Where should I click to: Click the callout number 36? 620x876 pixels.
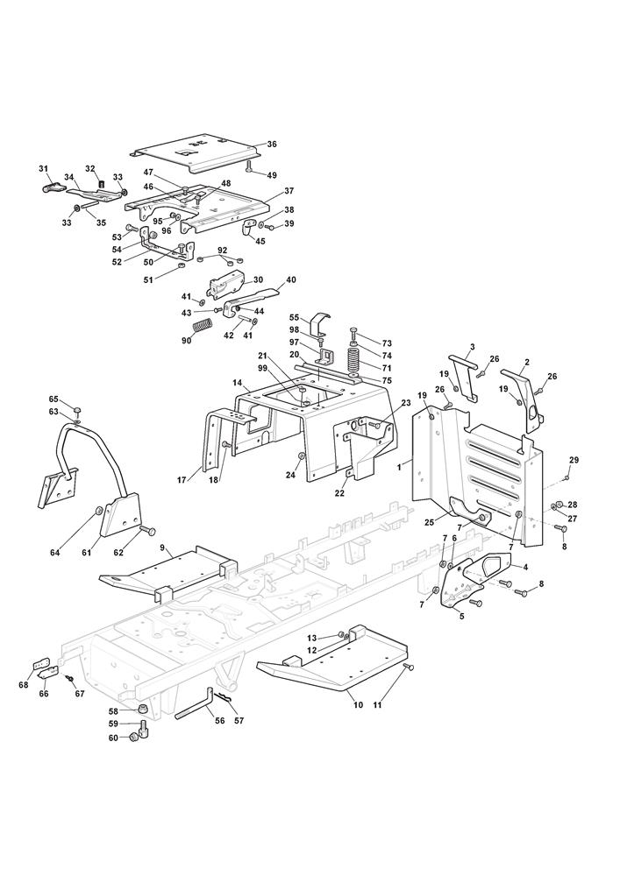click(x=272, y=145)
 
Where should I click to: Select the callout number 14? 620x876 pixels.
click(x=237, y=383)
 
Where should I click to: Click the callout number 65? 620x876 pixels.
click(x=53, y=399)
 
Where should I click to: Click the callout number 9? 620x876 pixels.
click(x=163, y=548)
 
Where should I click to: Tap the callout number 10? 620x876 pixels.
click(x=359, y=704)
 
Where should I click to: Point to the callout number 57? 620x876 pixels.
click(x=239, y=721)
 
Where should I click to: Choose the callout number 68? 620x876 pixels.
click(x=23, y=684)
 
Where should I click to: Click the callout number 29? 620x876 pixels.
click(x=574, y=460)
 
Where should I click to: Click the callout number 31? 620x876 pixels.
click(x=43, y=169)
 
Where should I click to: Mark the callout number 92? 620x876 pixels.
click(x=223, y=251)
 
